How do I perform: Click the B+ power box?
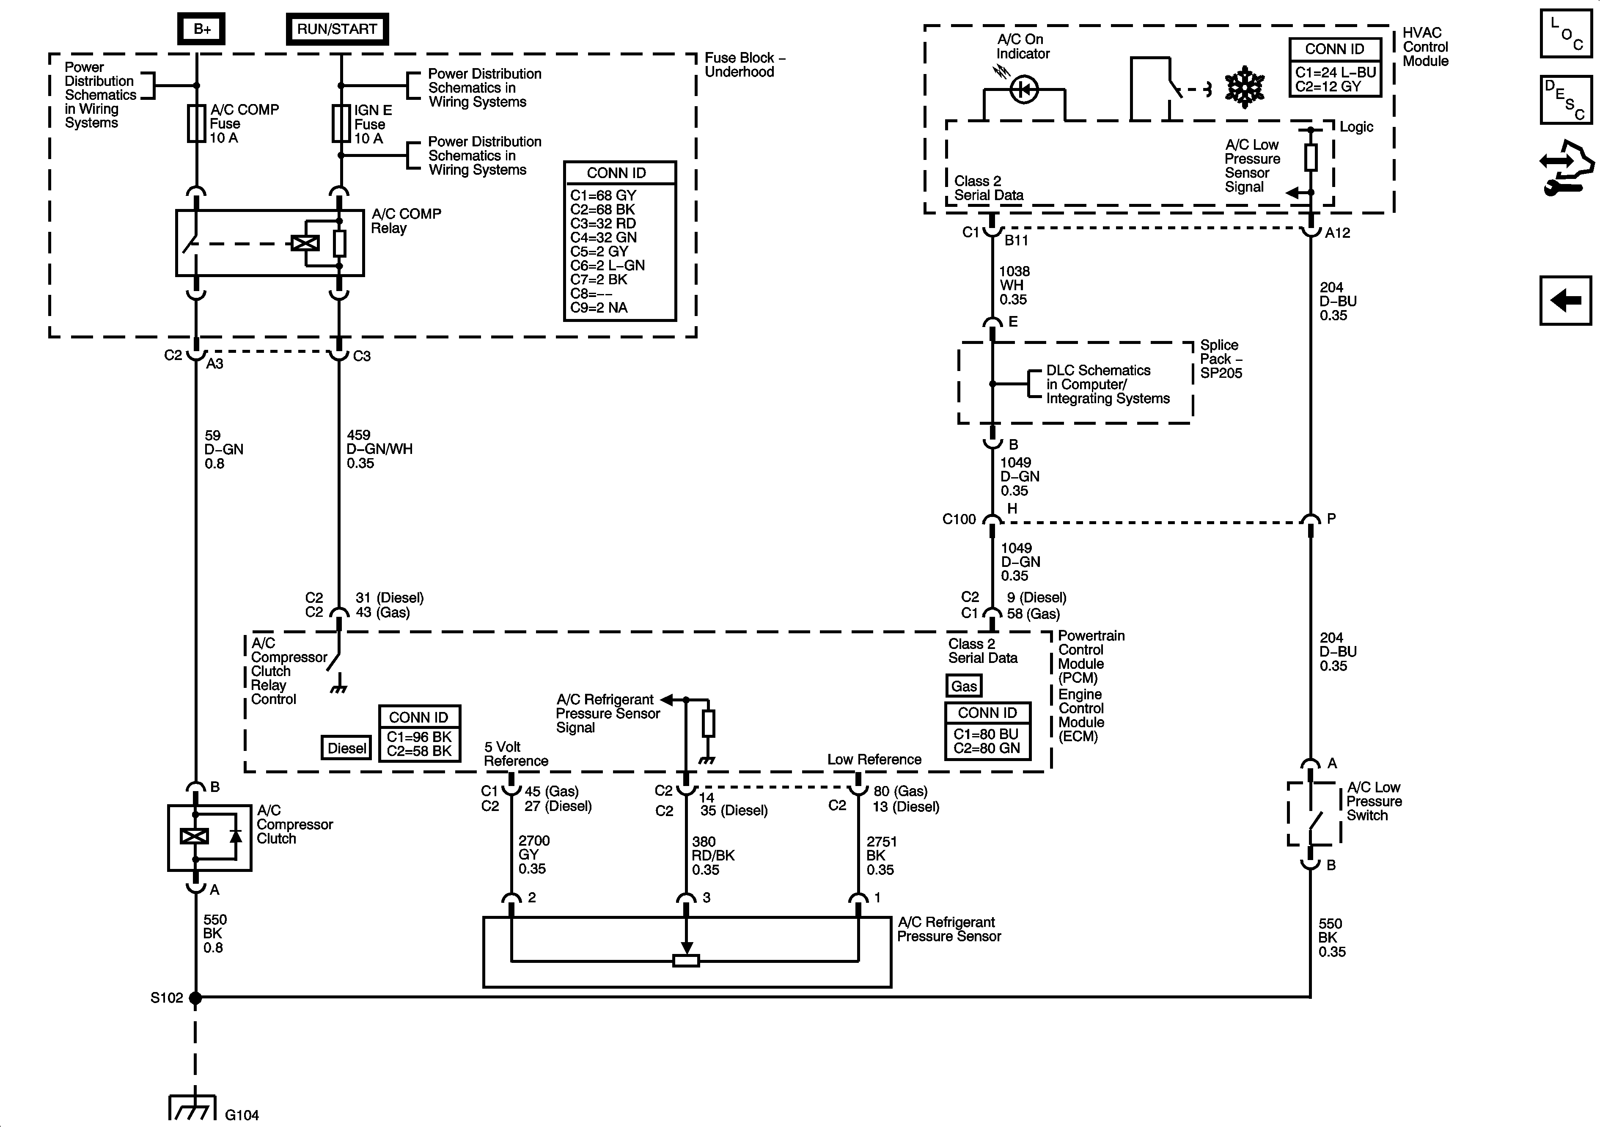tap(201, 29)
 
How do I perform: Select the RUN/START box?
tap(337, 29)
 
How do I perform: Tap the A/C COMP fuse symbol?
tap(197, 124)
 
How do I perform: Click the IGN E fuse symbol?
tap(340, 124)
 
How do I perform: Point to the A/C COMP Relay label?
tap(406, 221)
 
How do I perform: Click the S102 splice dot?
tap(196, 998)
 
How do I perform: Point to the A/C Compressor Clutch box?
tap(209, 838)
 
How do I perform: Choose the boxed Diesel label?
tap(346, 748)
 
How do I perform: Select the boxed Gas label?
tap(964, 686)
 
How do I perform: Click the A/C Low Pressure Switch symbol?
tap(1313, 814)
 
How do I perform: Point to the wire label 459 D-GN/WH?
tap(379, 449)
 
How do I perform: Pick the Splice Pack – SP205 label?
tap(1220, 359)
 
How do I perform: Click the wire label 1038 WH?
tap(1013, 285)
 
